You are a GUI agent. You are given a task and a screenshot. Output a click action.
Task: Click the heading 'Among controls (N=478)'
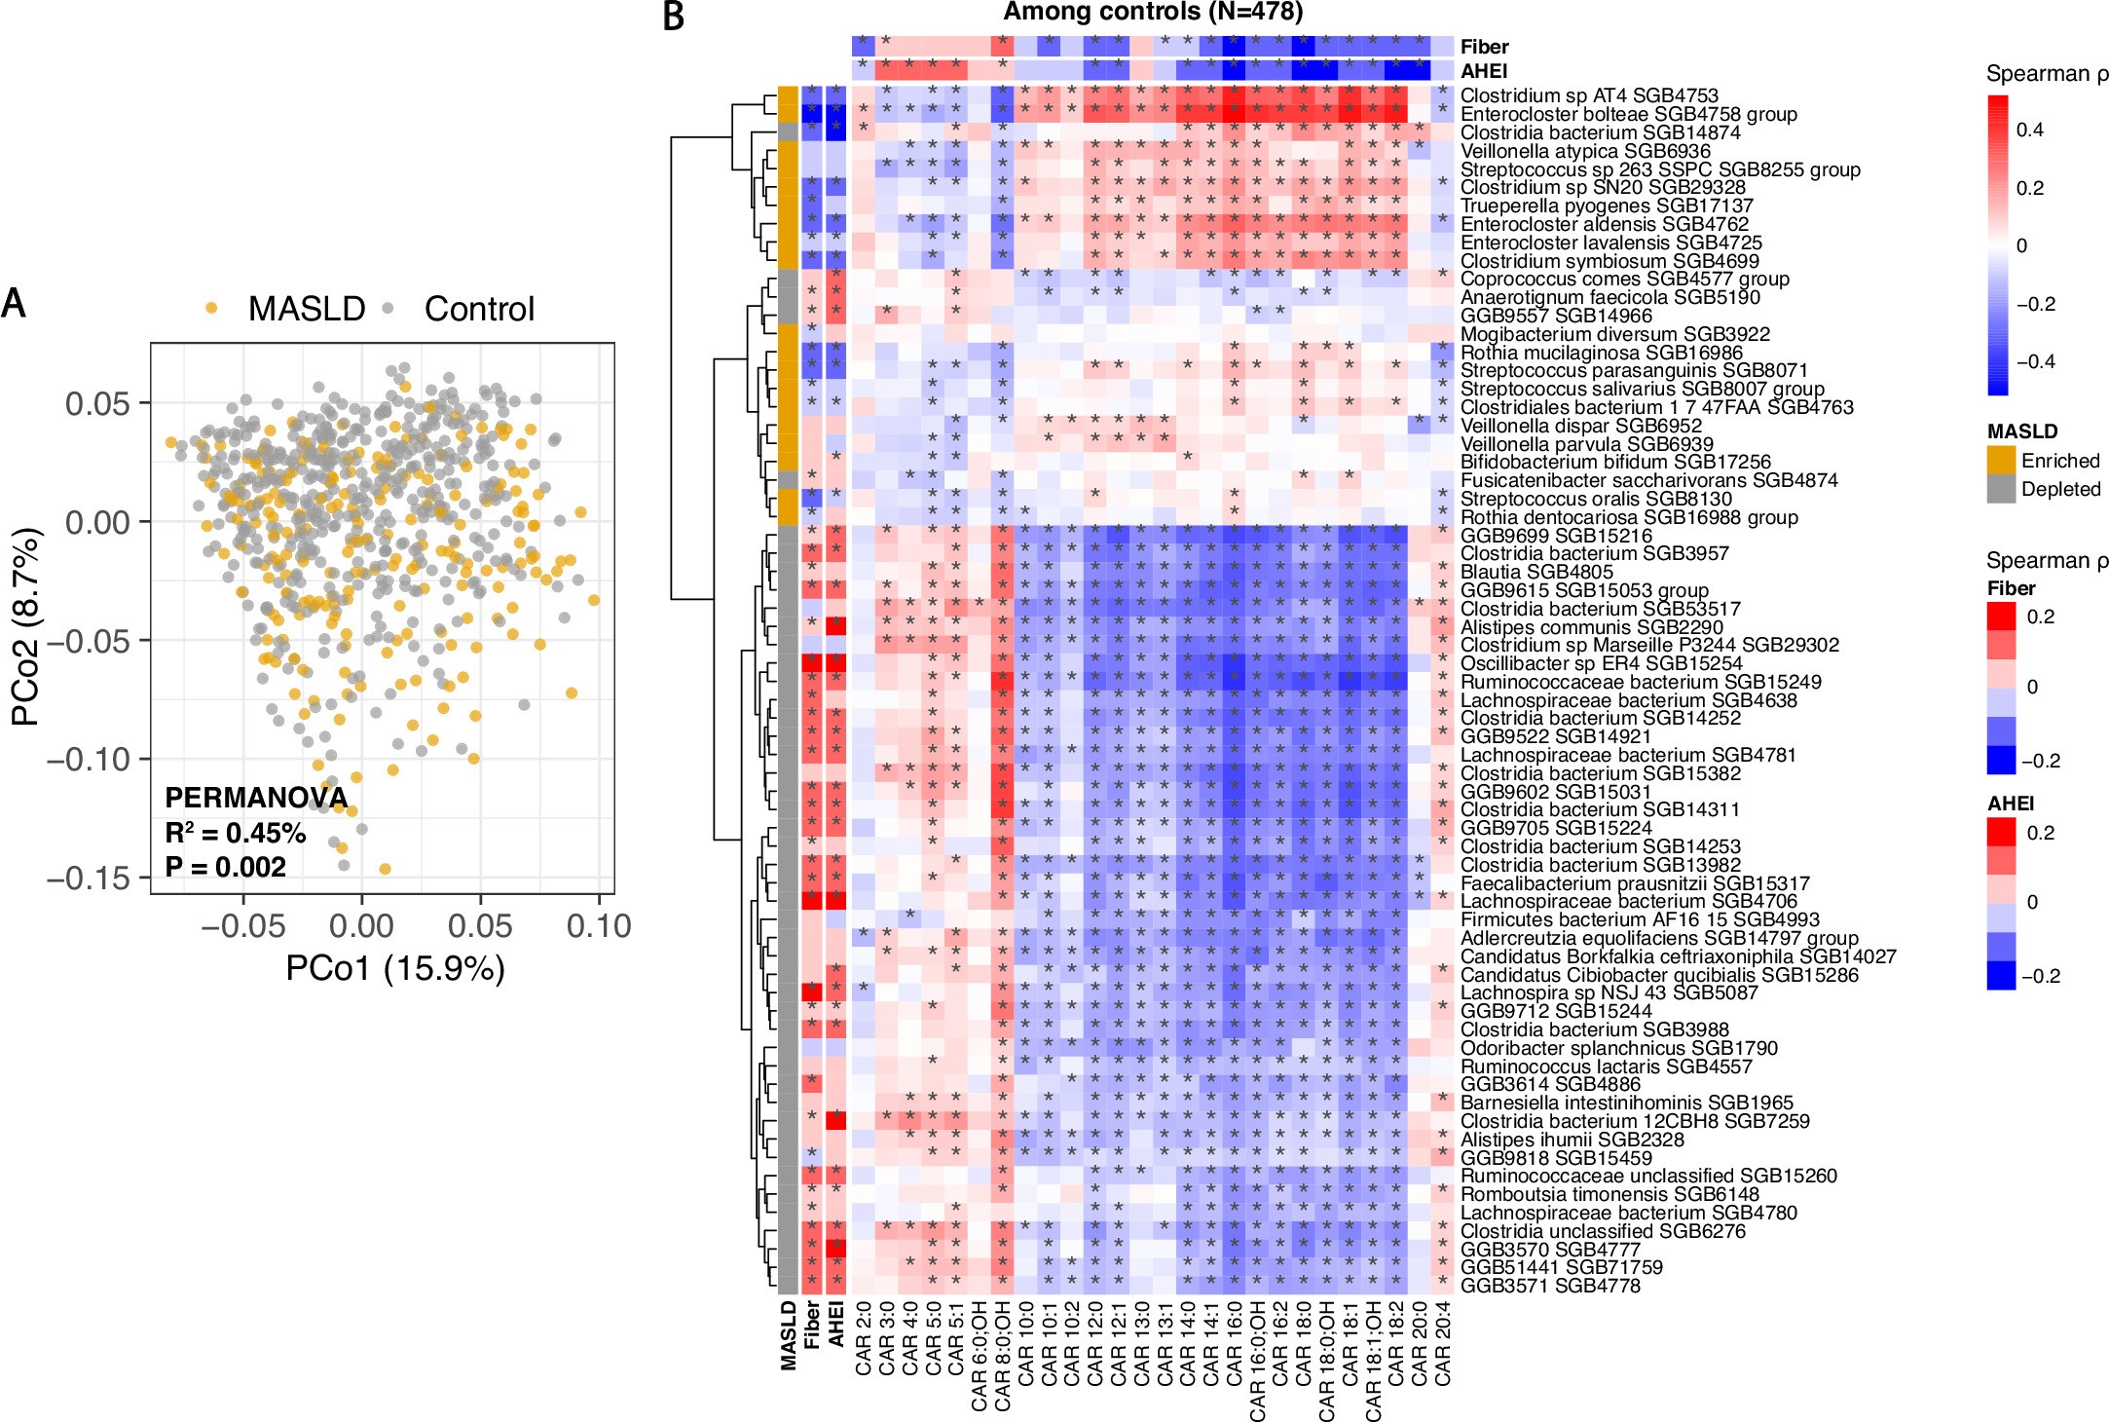click(1152, 13)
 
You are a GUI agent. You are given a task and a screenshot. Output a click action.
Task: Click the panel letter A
click(14, 303)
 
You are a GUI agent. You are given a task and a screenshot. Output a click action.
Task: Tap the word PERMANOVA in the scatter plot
click(256, 799)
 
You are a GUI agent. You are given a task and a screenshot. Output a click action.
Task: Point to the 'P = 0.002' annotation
click(225, 868)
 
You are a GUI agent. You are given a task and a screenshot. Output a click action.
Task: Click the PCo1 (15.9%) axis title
click(394, 969)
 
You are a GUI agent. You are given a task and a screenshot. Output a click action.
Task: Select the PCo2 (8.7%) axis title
click(26, 626)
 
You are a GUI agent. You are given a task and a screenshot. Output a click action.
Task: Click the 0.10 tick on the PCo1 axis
click(599, 926)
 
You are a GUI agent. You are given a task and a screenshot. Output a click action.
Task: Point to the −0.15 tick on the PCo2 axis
click(89, 879)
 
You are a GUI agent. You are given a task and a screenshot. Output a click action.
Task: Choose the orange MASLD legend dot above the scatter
click(211, 309)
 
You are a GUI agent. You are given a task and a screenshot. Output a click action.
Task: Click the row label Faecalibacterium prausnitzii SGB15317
click(1635, 883)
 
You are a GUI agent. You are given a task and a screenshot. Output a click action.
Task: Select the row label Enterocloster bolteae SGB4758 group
click(1628, 114)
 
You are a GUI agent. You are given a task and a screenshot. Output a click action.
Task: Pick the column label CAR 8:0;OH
click(1003, 1355)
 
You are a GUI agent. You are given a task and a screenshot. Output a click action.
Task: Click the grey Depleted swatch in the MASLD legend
click(2001, 489)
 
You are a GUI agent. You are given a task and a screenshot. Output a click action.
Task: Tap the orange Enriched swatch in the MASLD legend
click(2001, 461)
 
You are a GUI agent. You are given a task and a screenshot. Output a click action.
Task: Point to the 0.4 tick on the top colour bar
click(2029, 130)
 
